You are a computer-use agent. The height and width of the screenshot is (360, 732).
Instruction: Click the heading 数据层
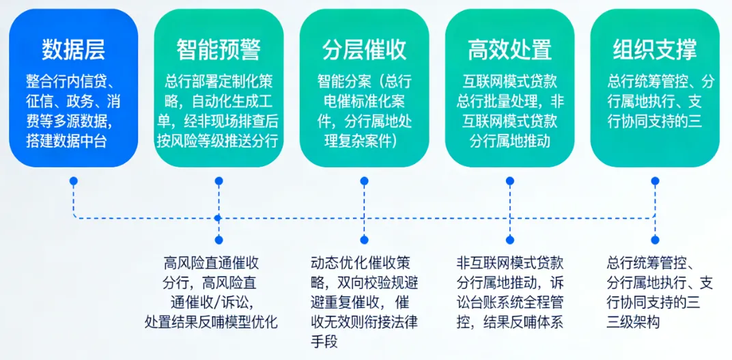[73, 50]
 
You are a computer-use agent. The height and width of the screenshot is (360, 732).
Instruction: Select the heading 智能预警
[219, 50]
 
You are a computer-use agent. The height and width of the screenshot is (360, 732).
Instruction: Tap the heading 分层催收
[364, 50]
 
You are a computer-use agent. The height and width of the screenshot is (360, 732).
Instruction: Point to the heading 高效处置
[509, 50]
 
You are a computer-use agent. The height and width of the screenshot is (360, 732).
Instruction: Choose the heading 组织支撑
[655, 50]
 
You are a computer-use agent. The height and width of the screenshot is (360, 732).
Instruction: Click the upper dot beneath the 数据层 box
[73, 181]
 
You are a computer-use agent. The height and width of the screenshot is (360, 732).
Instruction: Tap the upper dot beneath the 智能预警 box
[219, 181]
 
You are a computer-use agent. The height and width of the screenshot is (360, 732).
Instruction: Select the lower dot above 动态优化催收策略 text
[364, 240]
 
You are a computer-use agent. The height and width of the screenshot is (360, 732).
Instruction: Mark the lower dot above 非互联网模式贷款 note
[509, 240]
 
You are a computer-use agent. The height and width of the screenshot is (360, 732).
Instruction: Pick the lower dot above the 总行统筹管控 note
[655, 240]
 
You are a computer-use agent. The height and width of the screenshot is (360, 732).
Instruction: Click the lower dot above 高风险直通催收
[219, 240]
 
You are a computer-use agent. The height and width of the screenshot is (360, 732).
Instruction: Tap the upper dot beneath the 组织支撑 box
[655, 181]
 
